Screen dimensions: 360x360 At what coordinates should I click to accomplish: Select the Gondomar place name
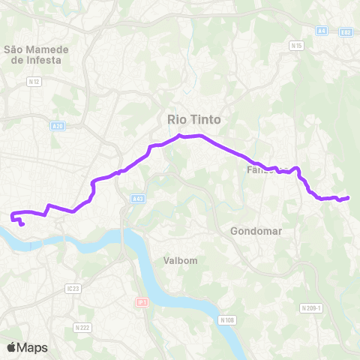click(x=256, y=231)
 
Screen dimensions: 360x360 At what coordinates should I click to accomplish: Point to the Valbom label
click(x=179, y=261)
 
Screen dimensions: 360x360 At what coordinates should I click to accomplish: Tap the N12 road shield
click(x=32, y=81)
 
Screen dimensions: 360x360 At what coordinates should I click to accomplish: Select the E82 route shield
click(x=345, y=31)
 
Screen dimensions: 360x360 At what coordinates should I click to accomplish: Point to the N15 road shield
click(x=297, y=46)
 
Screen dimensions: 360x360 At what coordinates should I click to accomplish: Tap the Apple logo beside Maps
click(x=12, y=347)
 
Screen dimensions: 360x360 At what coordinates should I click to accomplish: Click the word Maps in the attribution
click(x=33, y=347)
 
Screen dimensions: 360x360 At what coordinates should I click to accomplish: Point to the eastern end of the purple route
click(x=349, y=197)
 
